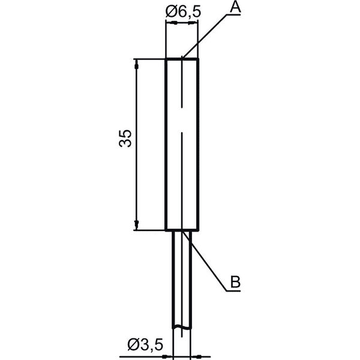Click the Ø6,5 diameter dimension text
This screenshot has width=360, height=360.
[183, 12]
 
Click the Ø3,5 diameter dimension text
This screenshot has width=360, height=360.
[145, 344]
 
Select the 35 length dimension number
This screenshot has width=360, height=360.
[125, 139]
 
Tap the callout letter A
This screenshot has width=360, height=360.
[236, 6]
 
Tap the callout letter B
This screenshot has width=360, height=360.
[235, 281]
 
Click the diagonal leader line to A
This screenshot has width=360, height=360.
[205, 35]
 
